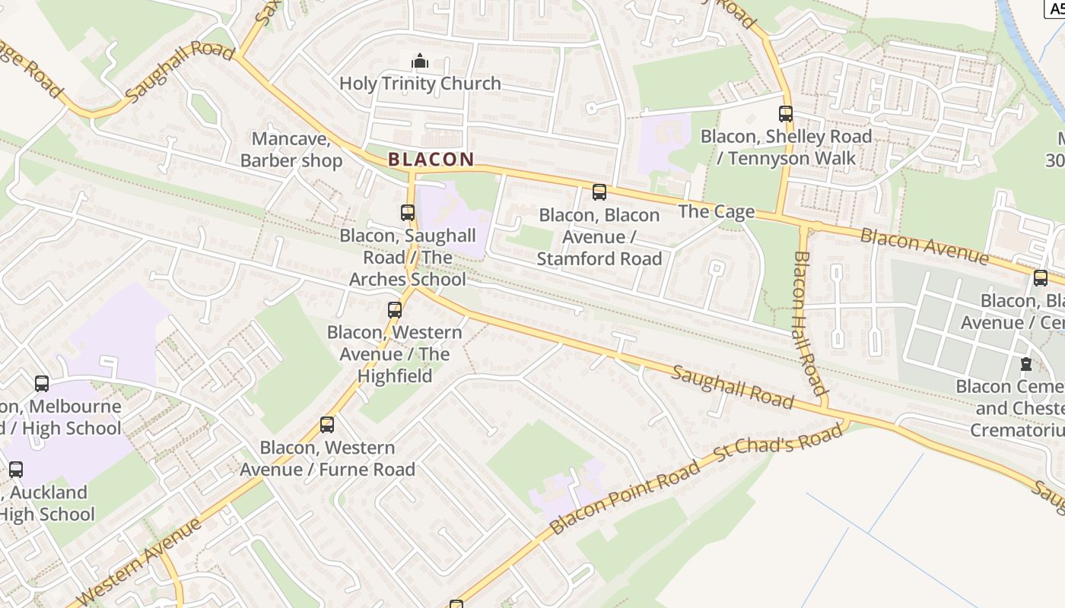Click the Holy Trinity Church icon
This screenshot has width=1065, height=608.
420,61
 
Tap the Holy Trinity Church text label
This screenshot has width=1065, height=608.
420,84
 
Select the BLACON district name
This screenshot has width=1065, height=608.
431,160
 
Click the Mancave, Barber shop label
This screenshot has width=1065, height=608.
291,150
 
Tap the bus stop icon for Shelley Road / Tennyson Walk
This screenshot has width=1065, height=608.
786,114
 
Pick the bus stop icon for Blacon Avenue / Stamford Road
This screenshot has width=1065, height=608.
599,192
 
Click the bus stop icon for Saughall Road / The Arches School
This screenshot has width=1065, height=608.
408,213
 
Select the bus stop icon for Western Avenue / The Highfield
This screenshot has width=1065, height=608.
394,310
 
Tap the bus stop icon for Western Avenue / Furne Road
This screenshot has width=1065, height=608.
327,425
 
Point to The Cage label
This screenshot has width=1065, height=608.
716,211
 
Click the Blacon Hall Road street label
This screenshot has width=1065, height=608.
810,324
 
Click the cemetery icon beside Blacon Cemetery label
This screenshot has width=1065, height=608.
1026,364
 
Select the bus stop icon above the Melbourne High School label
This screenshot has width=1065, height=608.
42,384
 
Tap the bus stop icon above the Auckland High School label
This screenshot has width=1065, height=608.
16,470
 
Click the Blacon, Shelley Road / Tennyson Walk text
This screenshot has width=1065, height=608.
786,147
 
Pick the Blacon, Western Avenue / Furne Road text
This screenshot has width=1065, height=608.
328,458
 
